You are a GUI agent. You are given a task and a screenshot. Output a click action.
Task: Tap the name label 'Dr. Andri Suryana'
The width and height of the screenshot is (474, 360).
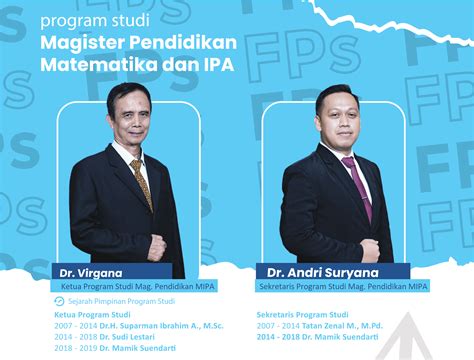click(317, 271)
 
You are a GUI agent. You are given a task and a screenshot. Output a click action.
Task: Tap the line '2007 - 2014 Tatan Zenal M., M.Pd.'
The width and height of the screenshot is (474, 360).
click(319, 324)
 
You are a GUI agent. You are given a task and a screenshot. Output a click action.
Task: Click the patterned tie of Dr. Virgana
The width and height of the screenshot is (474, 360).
click(141, 180)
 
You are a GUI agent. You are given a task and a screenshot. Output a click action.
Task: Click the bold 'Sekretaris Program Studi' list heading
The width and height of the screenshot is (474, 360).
click(302, 312)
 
